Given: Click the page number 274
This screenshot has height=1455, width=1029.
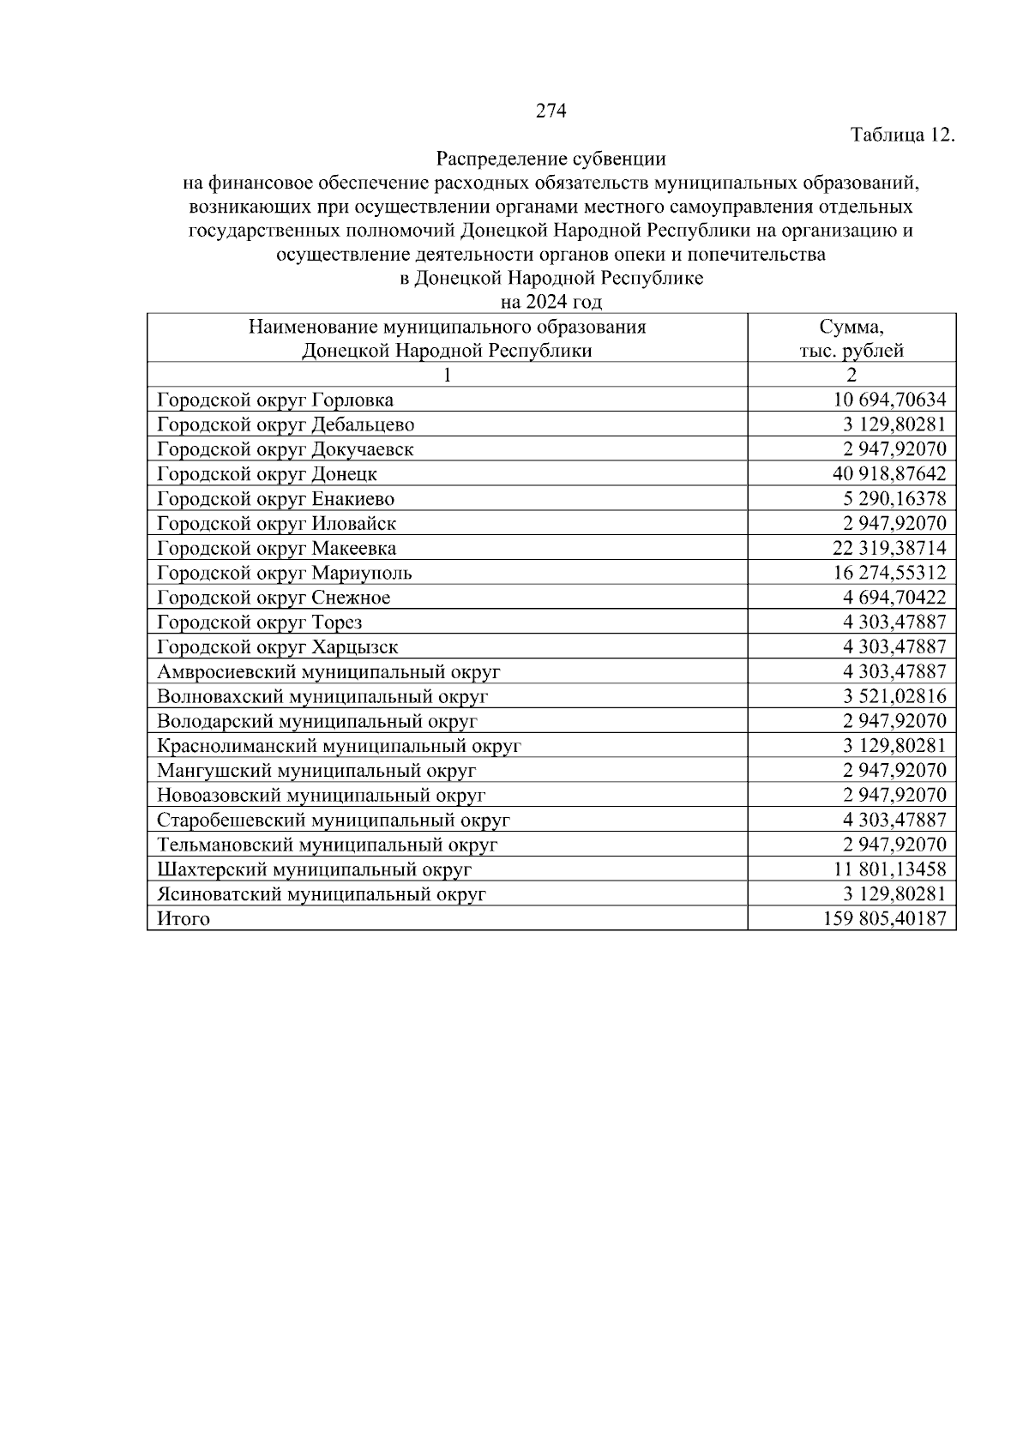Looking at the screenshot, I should (551, 111).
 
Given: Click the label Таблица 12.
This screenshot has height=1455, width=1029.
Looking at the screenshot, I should (901, 135).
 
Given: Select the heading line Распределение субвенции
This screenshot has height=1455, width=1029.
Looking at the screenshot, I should (551, 159).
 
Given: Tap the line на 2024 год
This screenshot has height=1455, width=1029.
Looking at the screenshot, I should (551, 302).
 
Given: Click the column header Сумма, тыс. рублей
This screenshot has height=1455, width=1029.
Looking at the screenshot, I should (851, 339).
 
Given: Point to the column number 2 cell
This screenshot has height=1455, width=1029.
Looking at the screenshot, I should (851, 375).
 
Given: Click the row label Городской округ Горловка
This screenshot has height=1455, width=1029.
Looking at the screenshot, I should (275, 400).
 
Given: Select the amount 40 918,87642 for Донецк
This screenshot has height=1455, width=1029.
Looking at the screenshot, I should (889, 474).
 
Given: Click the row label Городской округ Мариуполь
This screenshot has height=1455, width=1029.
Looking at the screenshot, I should (285, 573).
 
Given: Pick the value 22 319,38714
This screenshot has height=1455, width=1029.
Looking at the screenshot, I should (889, 548).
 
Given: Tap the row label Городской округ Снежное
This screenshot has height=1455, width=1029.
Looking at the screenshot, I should (274, 598).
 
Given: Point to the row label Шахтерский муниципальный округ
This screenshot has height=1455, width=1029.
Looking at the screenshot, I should (315, 869).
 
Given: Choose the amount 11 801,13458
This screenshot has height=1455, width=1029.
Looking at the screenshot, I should (890, 869).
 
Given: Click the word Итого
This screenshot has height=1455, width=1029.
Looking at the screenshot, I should (184, 919).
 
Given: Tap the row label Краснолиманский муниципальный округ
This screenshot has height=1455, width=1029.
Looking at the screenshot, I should (339, 746).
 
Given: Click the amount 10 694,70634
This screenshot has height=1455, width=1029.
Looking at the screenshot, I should (890, 400).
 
